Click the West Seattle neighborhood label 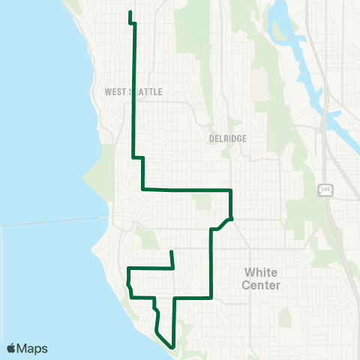134,91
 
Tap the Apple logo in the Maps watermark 11,348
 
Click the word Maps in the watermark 32,348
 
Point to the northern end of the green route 130,13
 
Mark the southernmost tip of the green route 174,347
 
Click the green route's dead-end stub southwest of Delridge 172,252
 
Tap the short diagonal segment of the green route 222,223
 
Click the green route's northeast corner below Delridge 230,190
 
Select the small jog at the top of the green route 133,23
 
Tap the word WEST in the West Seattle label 117,91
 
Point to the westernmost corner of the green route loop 128,268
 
